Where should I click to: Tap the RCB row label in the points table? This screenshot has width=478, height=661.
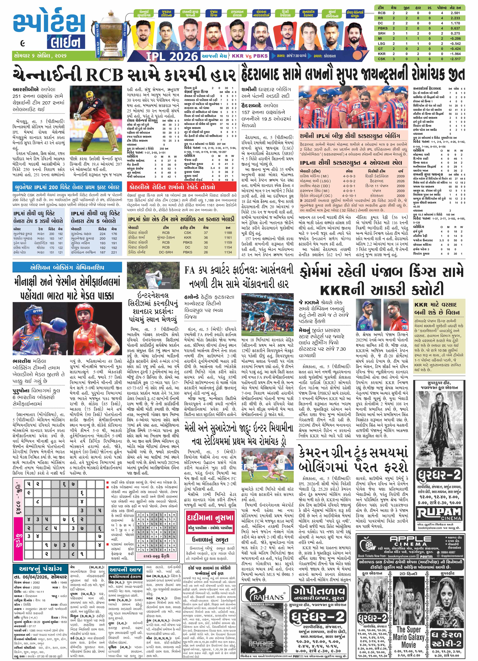[x=381, y=13]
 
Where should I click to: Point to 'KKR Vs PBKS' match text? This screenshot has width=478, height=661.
[x=250, y=56]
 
